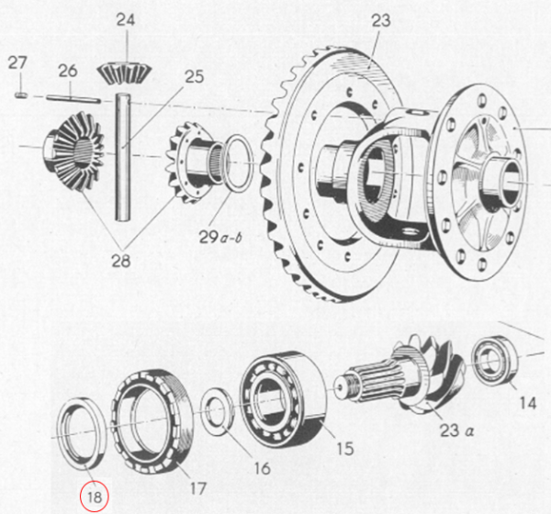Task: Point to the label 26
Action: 67,71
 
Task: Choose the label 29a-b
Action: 224,239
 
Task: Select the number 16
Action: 262,468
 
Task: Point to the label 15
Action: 343,450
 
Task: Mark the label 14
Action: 525,401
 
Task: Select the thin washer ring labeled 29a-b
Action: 239,162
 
